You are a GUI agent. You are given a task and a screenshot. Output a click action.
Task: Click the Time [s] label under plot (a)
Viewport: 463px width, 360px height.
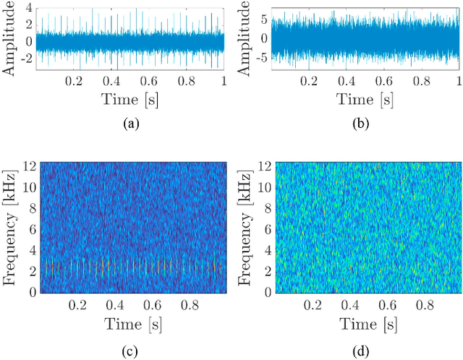(131, 100)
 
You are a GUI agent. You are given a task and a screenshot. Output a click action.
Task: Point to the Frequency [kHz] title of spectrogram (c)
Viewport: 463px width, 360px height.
(9, 228)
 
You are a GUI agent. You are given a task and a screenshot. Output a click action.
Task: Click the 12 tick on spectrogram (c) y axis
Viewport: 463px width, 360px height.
(29, 166)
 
